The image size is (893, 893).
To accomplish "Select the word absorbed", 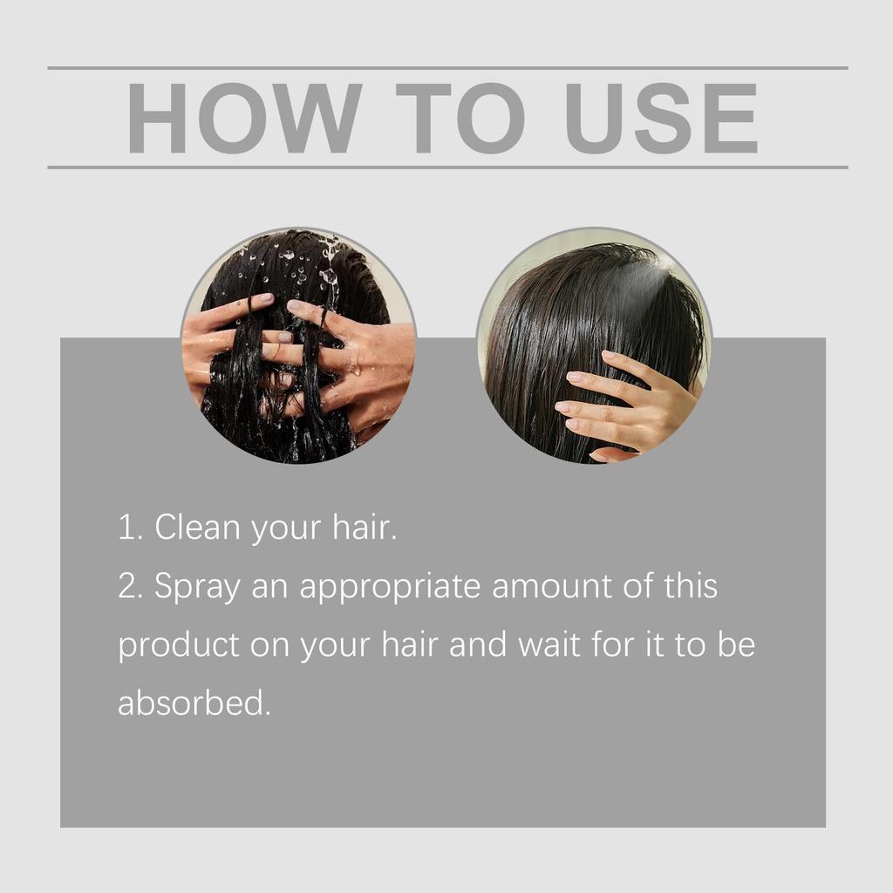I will (194, 703).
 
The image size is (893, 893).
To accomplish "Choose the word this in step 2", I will (689, 586).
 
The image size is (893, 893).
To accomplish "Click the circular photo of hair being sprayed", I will (594, 346).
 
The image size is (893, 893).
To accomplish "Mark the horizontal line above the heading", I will (446, 67).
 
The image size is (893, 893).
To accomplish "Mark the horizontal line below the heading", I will (446, 167).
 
